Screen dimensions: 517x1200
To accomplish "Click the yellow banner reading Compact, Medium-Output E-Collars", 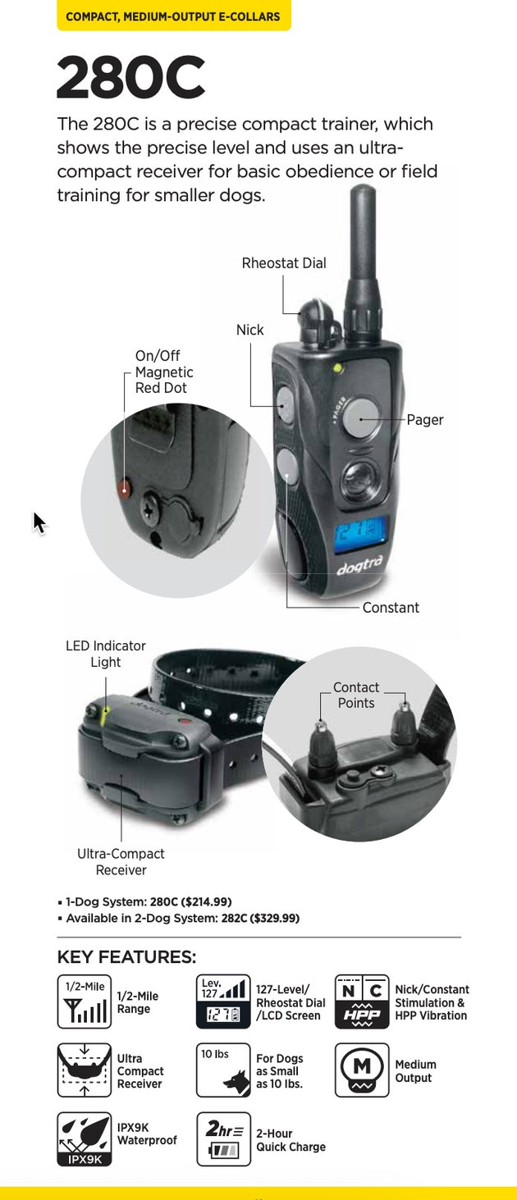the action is click(174, 16).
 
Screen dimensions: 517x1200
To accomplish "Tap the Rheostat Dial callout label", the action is click(284, 263).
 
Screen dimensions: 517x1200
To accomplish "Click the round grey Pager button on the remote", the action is click(360, 419).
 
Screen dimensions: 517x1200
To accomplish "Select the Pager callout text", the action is click(425, 420).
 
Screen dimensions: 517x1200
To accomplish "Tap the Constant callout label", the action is click(391, 608).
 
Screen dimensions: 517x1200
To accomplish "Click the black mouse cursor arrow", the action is click(39, 522).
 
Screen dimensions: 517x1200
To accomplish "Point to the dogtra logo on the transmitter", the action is click(360, 565).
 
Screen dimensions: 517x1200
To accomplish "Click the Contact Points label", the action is click(355, 695).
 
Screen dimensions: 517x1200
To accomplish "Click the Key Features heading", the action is click(126, 956).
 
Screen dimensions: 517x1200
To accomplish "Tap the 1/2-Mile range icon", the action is click(84, 1002).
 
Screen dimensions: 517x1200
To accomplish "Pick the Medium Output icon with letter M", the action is click(362, 1070).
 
